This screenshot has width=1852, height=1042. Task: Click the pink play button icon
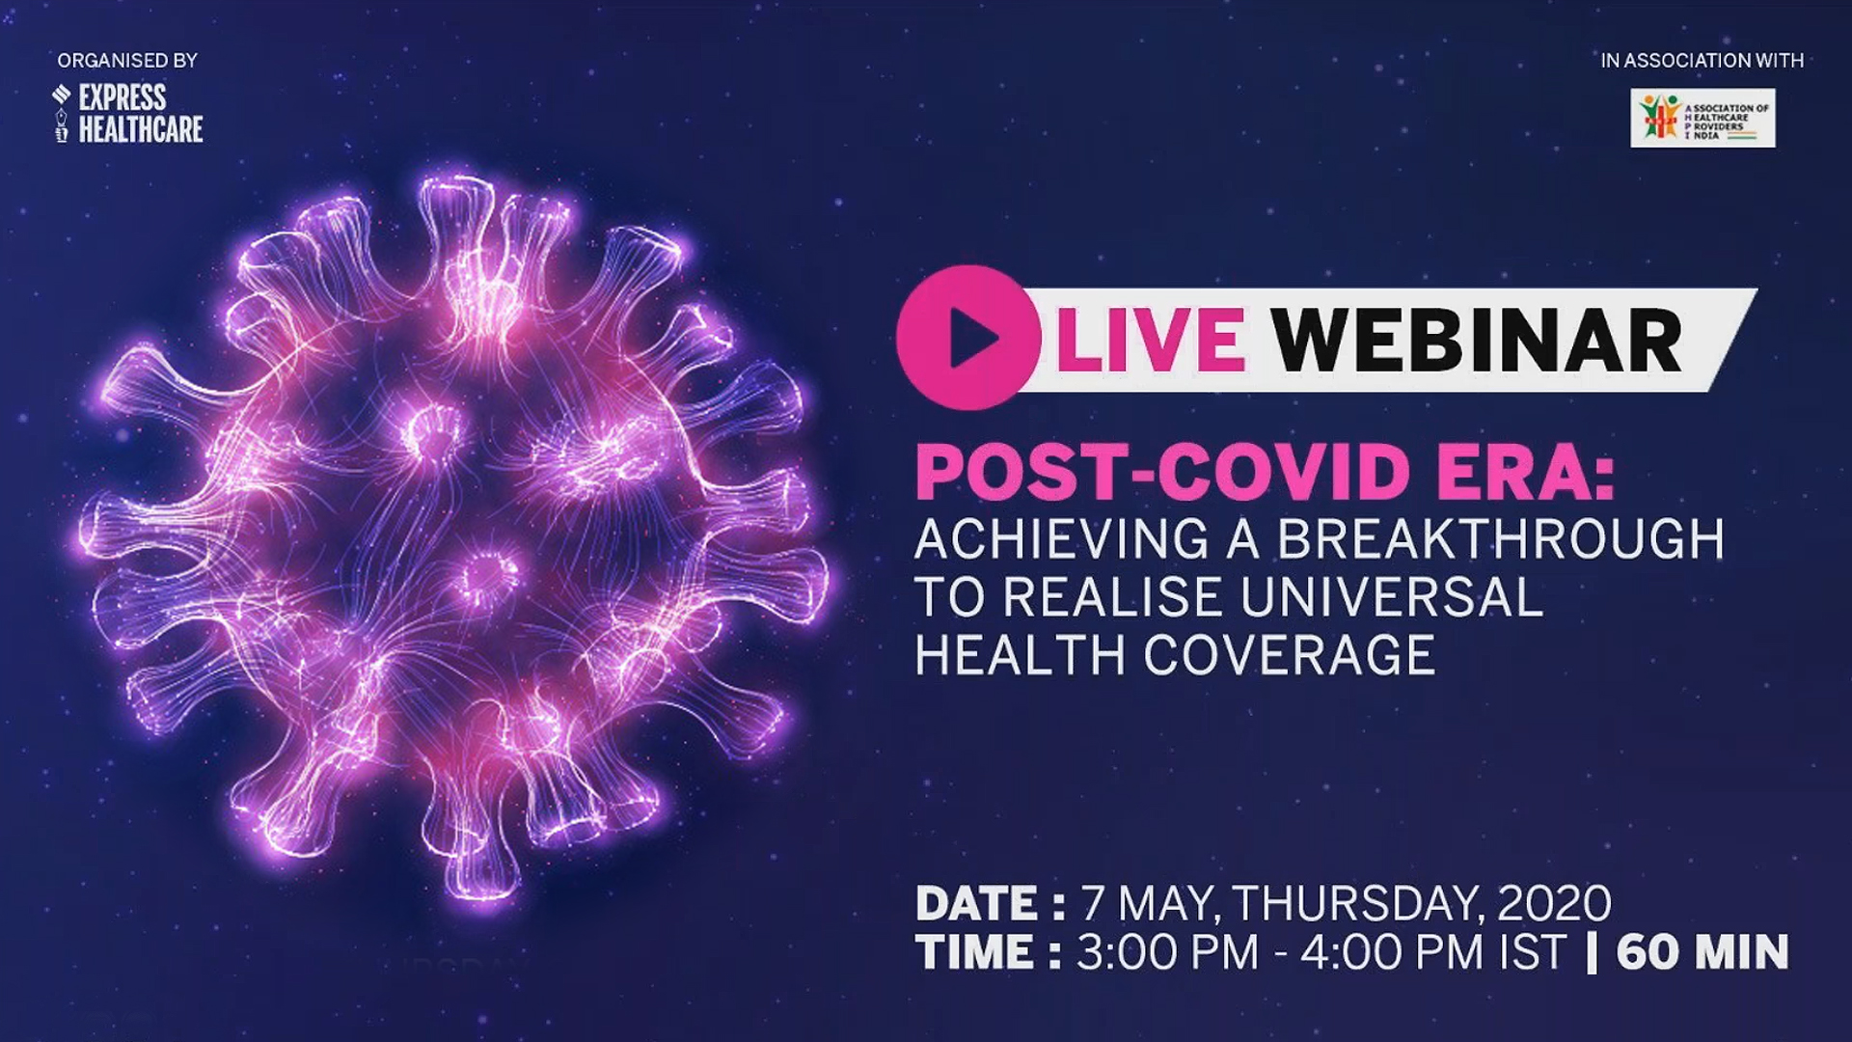968,338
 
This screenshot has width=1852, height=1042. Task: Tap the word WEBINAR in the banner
1477,341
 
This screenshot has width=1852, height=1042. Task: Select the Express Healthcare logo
128,114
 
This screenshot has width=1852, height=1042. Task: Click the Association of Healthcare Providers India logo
1702,118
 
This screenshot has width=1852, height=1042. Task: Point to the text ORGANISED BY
127,60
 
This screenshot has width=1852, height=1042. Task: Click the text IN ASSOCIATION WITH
1702,60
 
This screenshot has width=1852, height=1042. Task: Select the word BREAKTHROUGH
1501,538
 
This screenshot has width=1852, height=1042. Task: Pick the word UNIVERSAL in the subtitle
1392,596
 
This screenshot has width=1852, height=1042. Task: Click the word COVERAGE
1290,655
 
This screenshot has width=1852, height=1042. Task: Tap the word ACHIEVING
1061,538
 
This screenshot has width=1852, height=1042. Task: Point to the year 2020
1554,904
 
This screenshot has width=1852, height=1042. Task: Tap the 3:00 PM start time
1168,952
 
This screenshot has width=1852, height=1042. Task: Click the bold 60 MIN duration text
1702,952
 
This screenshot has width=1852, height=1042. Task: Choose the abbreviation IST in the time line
1532,952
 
